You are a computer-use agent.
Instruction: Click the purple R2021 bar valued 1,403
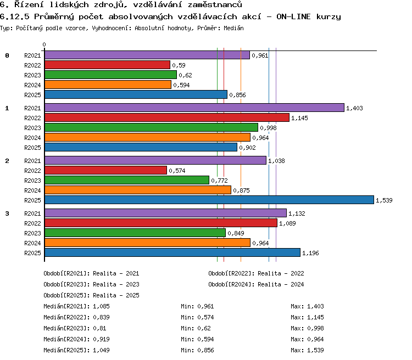pyautogui.click(x=194, y=108)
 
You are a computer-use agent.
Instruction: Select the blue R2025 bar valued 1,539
pyautogui.click(x=209, y=200)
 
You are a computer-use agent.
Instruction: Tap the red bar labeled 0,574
pyautogui.click(x=105, y=170)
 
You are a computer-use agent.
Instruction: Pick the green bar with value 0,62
pyautogui.click(x=110, y=75)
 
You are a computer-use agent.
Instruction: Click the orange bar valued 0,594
pyautogui.click(x=108, y=85)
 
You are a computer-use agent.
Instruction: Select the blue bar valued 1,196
pyautogui.click(x=172, y=252)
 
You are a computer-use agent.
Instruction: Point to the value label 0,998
pyautogui.click(x=268, y=128)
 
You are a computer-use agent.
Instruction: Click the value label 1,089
pyautogui.click(x=287, y=223)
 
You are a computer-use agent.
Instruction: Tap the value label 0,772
pyautogui.click(x=219, y=181)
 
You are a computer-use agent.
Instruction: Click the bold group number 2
pyautogui.click(x=7, y=161)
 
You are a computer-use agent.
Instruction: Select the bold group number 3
pyautogui.click(x=7, y=213)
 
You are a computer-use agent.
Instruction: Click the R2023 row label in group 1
pyautogui.click(x=32, y=128)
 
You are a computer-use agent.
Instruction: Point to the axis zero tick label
pyautogui.click(x=44, y=44)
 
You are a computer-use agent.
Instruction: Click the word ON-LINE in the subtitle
pyautogui.click(x=293, y=16)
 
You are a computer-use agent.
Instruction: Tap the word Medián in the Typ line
pyautogui.click(x=233, y=28)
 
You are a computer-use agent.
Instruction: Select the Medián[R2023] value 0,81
pyautogui.click(x=99, y=328)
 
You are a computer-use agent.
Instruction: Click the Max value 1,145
pyautogui.click(x=315, y=317)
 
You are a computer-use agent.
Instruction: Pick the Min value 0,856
pyautogui.click(x=206, y=350)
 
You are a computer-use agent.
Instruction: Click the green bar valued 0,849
pyautogui.click(x=135, y=233)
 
